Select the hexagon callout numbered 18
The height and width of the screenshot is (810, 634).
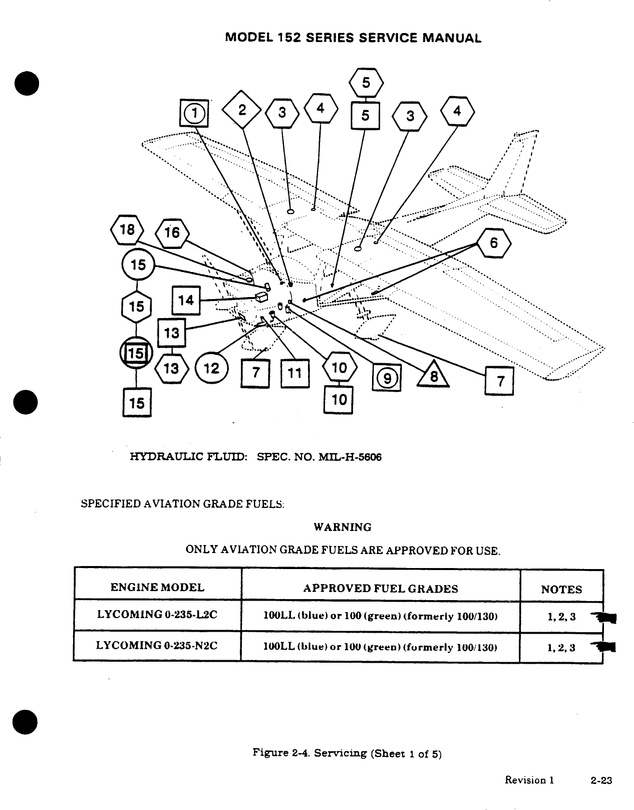pyautogui.click(x=127, y=230)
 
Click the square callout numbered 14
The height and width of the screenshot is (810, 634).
pyautogui.click(x=186, y=300)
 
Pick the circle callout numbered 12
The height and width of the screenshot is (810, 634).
pyautogui.click(x=211, y=369)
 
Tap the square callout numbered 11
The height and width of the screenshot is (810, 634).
pyautogui.click(x=295, y=373)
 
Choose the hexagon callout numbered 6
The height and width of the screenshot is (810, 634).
pyautogui.click(x=494, y=243)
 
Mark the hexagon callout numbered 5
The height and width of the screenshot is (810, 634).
pyautogui.click(x=366, y=83)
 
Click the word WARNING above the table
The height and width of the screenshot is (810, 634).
pyautogui.click(x=343, y=527)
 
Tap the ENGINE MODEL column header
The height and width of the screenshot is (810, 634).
pyautogui.click(x=157, y=588)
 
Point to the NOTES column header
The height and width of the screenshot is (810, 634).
pyautogui.click(x=561, y=590)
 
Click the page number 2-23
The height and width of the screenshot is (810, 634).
pyautogui.click(x=601, y=780)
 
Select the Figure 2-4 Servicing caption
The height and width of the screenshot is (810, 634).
pyautogui.click(x=347, y=753)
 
